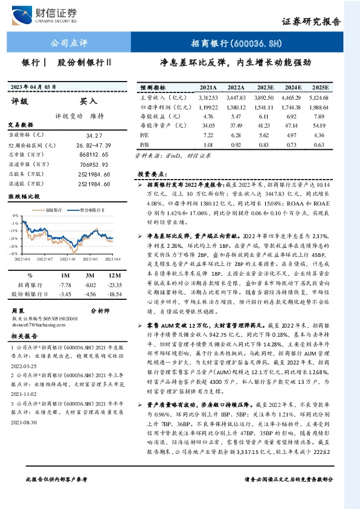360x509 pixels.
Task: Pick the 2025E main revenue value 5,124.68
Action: (x=318, y=97)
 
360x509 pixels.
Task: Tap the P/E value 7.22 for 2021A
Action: (x=210, y=135)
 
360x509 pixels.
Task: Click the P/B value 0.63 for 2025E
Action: (x=318, y=145)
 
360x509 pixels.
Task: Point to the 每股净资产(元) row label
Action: (x=161, y=126)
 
